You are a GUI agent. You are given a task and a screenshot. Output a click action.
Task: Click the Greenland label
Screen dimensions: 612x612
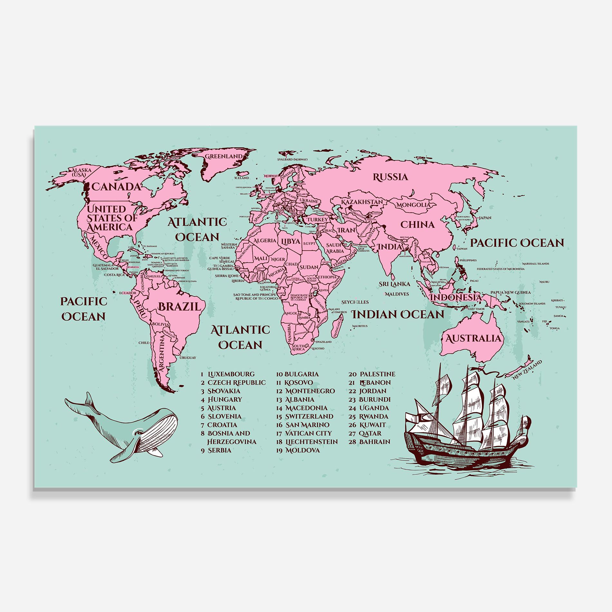pyautogui.click(x=224, y=156)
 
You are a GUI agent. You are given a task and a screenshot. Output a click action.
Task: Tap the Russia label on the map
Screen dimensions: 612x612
pyautogui.click(x=390, y=177)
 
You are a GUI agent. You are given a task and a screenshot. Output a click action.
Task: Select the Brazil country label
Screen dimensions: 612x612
pyautogui.click(x=179, y=306)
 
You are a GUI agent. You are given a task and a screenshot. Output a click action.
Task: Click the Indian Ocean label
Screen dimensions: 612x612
pyautogui.click(x=397, y=314)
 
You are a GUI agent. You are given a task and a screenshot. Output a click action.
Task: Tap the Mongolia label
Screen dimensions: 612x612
pyautogui.click(x=413, y=205)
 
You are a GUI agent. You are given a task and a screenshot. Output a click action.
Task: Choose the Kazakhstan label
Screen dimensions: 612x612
pyautogui.click(x=362, y=202)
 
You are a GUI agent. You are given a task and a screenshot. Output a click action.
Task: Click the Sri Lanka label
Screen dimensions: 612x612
pyautogui.click(x=394, y=284)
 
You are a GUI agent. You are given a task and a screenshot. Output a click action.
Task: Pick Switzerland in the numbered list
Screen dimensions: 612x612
pyautogui.click(x=309, y=416)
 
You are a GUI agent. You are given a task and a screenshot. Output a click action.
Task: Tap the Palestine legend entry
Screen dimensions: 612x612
pyautogui.click(x=377, y=374)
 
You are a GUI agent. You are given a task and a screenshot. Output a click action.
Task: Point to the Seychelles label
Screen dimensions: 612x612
pyautogui.click(x=355, y=302)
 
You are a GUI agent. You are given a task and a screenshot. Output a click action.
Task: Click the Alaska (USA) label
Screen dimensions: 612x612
pyautogui.click(x=81, y=172)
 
